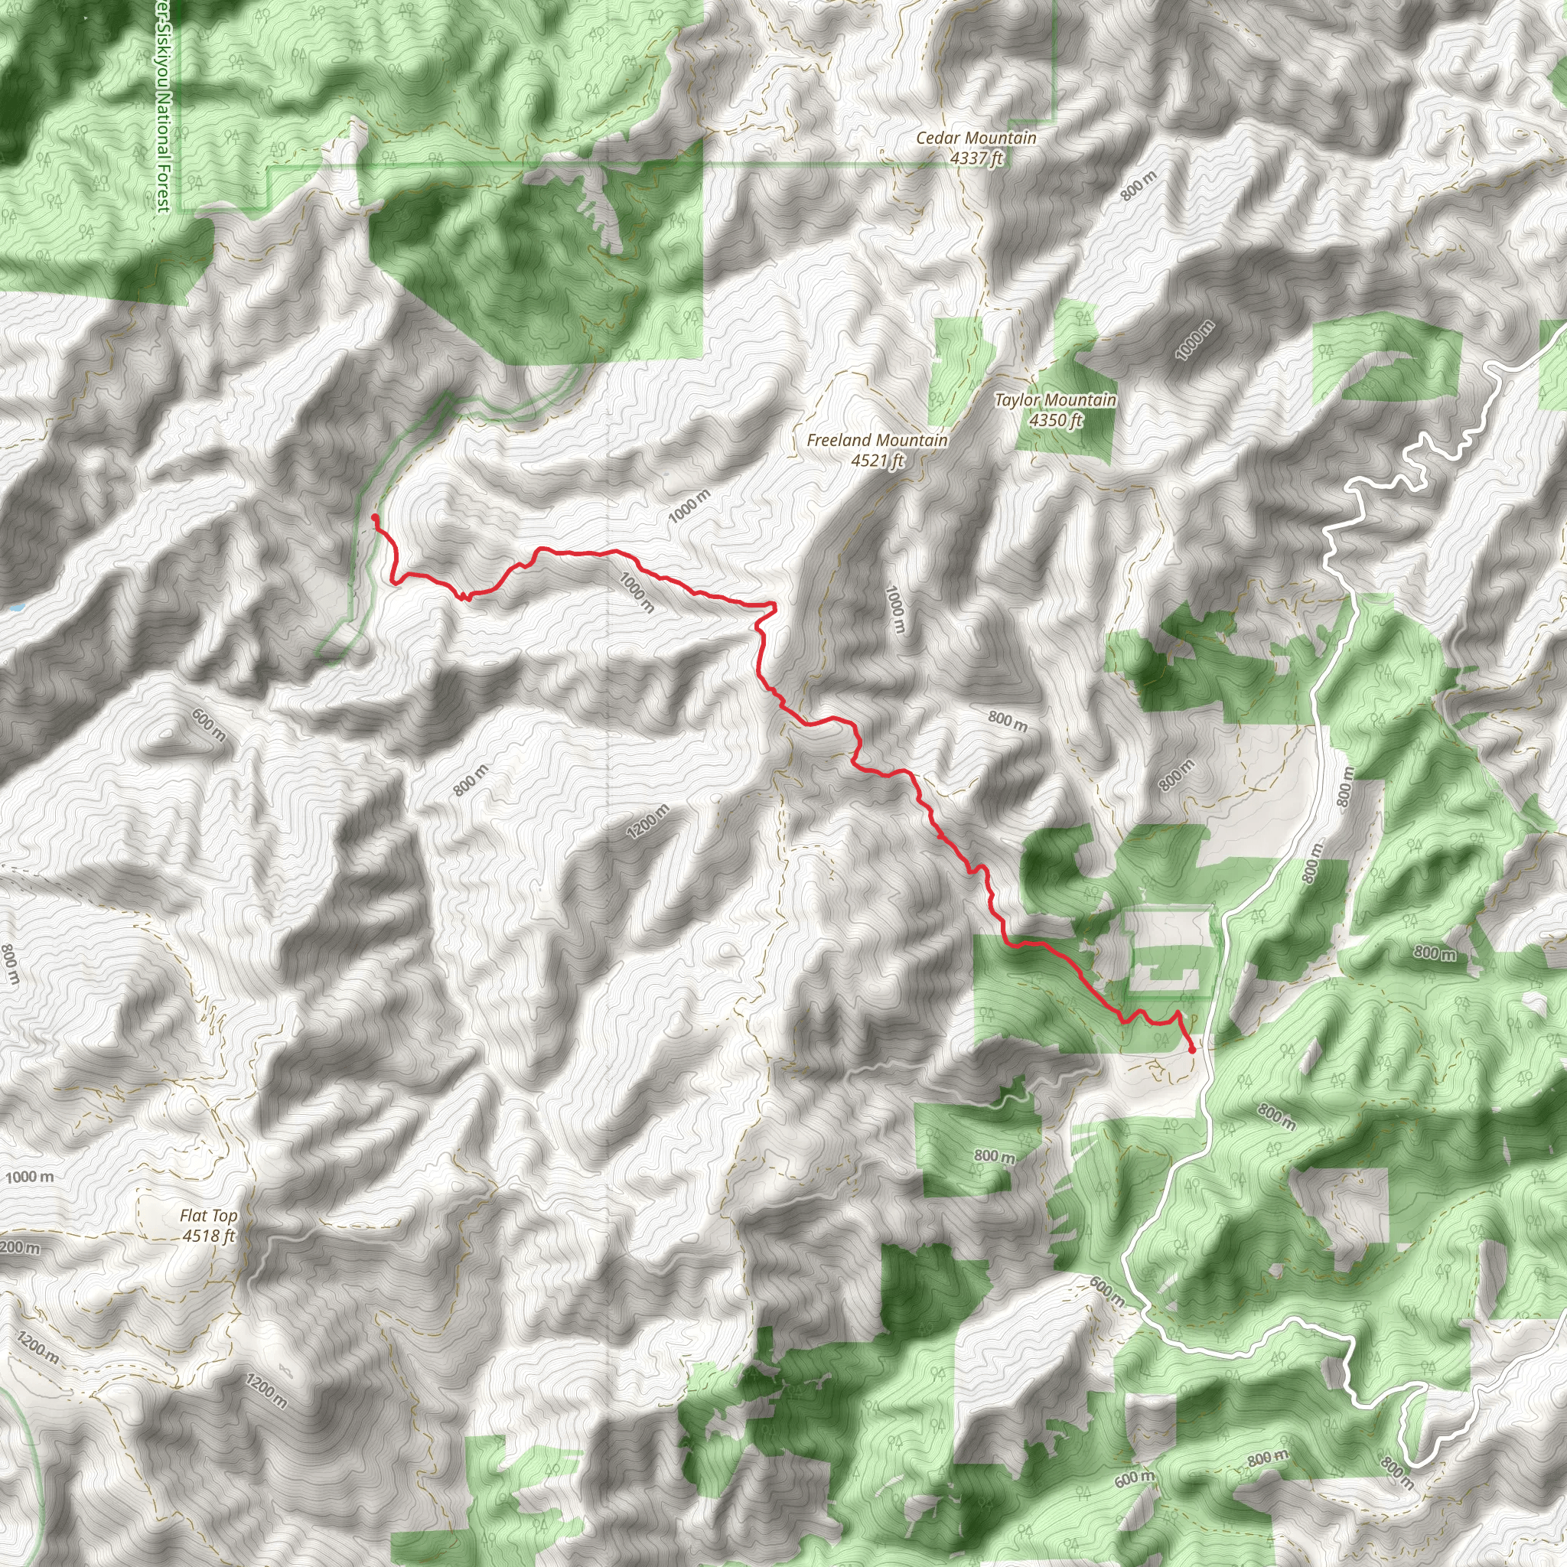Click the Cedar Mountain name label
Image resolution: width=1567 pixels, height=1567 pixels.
pyautogui.click(x=976, y=138)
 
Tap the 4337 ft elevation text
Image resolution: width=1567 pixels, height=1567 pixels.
pyautogui.click(x=976, y=158)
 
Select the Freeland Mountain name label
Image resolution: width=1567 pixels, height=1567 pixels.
pyautogui.click(x=877, y=441)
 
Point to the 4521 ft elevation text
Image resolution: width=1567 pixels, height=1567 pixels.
pyautogui.click(x=877, y=461)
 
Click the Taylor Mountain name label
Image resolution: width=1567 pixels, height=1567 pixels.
pyautogui.click(x=1055, y=400)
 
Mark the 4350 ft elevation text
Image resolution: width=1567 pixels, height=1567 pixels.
pyautogui.click(x=1055, y=420)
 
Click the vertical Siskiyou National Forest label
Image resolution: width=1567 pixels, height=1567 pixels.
pyautogui.click(x=164, y=106)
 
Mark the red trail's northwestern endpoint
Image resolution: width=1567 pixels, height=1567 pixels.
pyautogui.click(x=375, y=516)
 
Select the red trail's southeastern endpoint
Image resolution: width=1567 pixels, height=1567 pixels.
pyautogui.click(x=1192, y=1051)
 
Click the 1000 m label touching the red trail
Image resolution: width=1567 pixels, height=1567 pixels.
pyautogui.click(x=636, y=592)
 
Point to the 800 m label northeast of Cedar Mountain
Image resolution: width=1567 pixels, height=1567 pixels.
pyautogui.click(x=1139, y=186)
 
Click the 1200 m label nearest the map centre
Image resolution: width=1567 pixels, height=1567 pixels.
pyautogui.click(x=649, y=822)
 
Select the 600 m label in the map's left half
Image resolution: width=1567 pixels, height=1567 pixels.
pyautogui.click(x=209, y=725)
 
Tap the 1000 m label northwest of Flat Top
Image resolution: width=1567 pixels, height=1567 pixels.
pyautogui.click(x=30, y=1177)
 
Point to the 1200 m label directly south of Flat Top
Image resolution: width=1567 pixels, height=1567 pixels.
pyautogui.click(x=267, y=1392)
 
